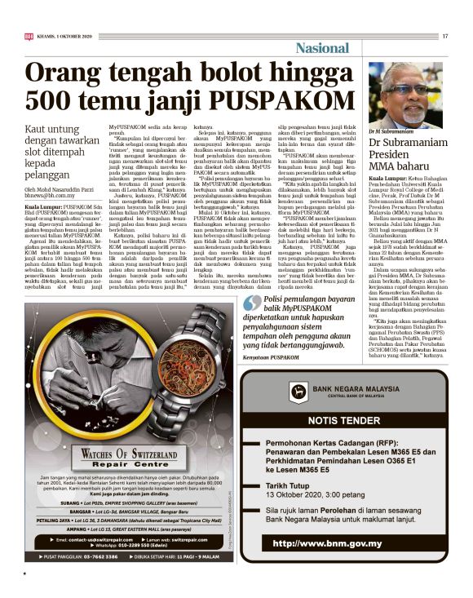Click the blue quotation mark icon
click(248, 303)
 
